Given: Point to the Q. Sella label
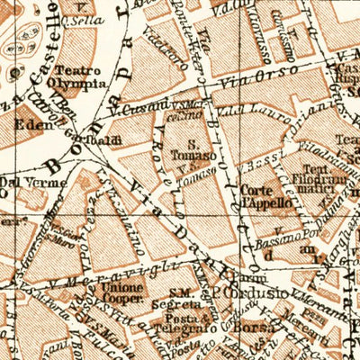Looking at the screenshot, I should (x=85, y=17).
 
